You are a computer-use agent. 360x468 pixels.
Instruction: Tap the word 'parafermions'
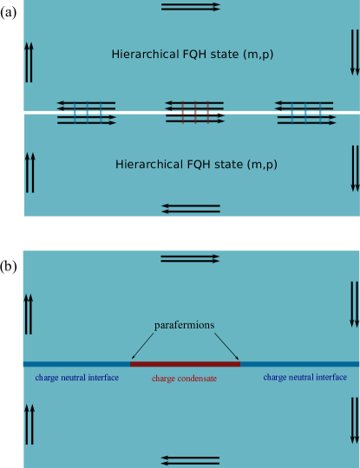pos(184,325)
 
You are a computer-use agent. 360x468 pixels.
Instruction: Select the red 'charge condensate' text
pos(184,379)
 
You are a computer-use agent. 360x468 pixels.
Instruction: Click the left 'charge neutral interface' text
pos(76,378)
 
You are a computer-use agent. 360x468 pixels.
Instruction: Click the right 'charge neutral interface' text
pos(304,378)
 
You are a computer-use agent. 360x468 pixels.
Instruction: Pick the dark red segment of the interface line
pos(185,365)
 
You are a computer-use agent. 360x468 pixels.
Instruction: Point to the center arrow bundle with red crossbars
pos(195,113)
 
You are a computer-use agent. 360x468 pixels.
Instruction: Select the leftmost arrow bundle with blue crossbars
pos(87,113)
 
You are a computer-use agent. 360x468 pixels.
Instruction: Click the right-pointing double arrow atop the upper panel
pos(185,7)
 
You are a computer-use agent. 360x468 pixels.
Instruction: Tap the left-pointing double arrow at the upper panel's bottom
pos(190,208)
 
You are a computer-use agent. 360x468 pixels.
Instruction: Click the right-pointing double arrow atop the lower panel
pos(185,258)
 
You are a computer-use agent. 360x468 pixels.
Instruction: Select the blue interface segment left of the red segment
pos(76,365)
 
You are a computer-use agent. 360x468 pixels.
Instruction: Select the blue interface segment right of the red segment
pos(299,365)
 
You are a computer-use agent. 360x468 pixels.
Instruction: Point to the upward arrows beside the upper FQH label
pos(29,61)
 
